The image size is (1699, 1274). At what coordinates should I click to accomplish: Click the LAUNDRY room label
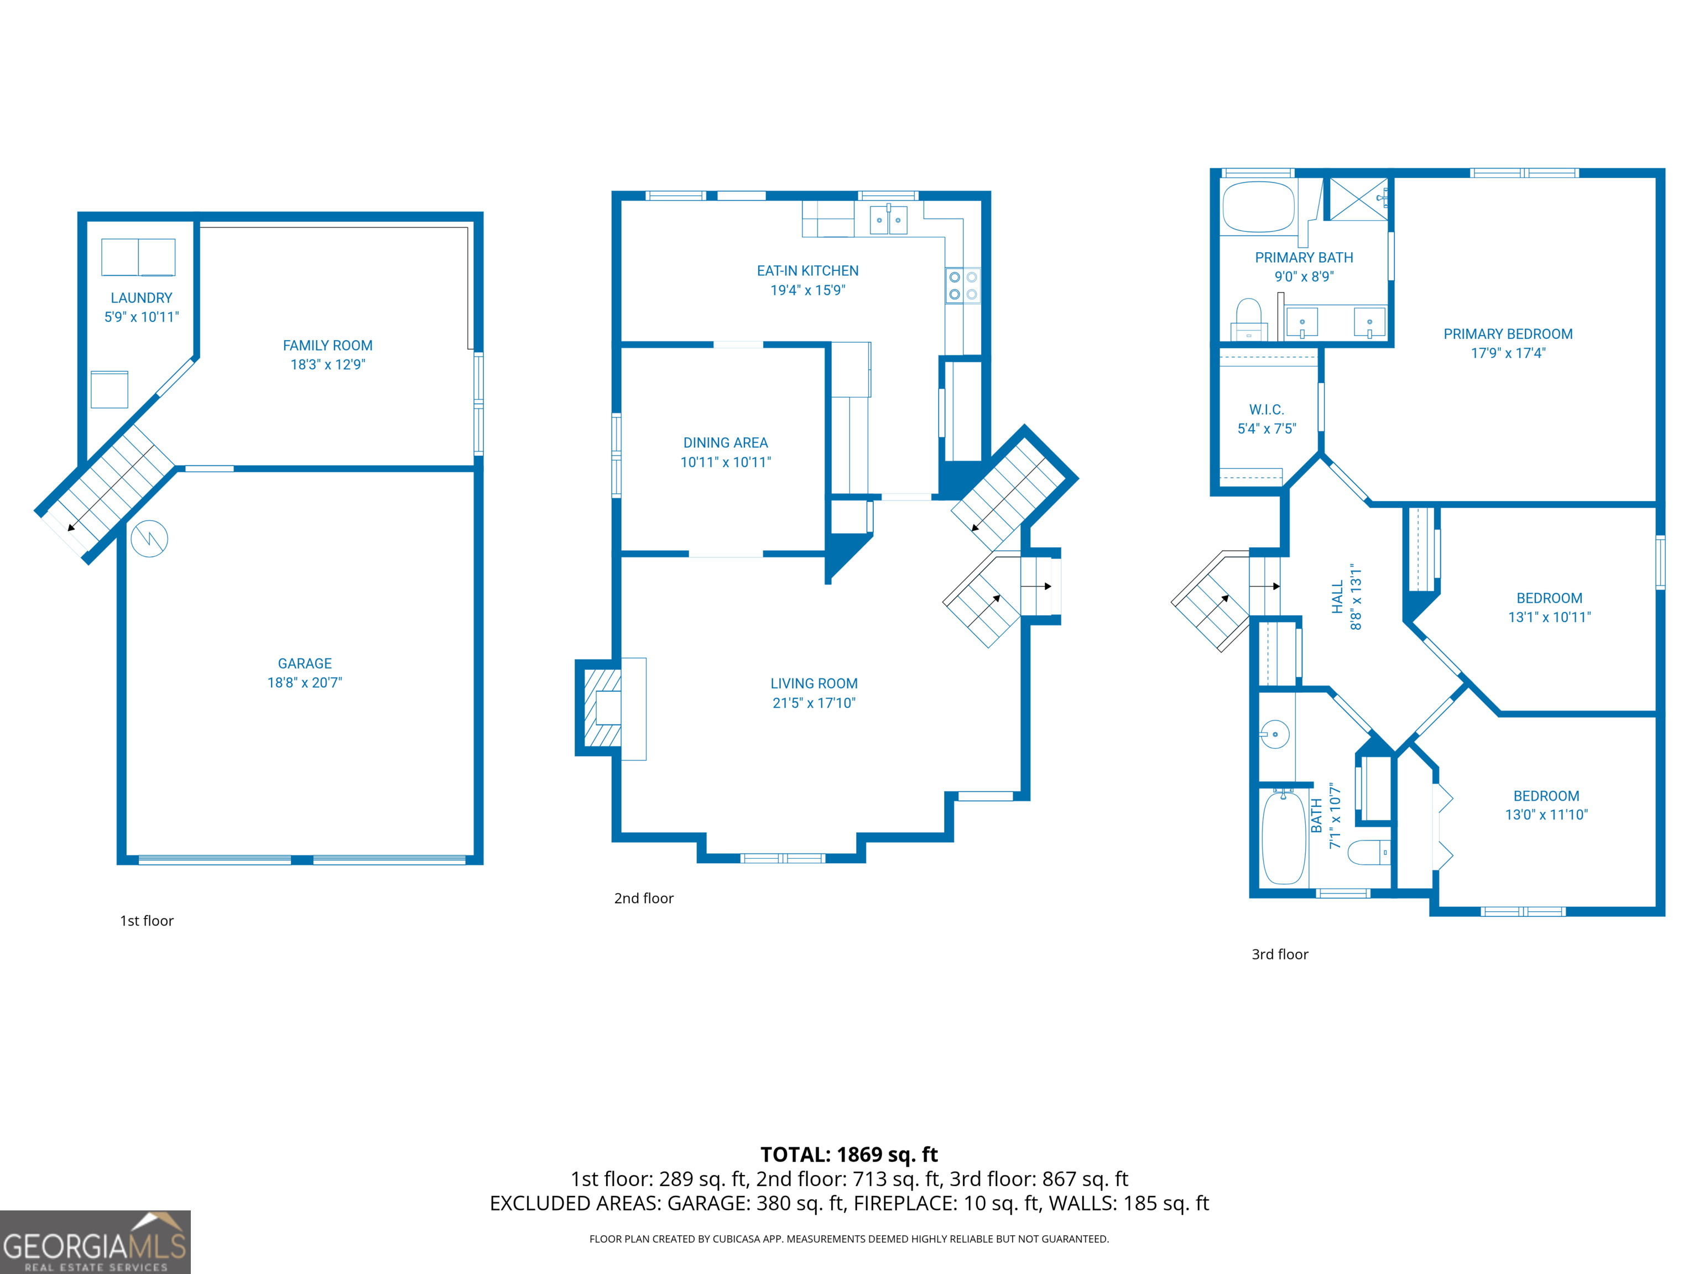142,298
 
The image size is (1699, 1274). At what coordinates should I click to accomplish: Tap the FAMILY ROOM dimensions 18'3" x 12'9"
327,365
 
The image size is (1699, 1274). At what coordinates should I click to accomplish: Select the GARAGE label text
304,664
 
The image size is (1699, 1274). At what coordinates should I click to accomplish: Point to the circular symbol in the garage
149,539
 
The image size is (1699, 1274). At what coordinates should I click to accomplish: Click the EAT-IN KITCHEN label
807,271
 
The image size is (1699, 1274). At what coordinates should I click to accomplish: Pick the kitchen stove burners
962,286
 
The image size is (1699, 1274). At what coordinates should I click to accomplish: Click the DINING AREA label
725,443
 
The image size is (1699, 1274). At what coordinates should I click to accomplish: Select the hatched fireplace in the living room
601,708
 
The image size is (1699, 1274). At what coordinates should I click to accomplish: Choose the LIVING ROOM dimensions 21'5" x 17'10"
814,703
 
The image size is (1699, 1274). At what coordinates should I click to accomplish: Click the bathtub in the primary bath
1258,207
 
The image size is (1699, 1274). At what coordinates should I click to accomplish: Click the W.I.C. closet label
1266,410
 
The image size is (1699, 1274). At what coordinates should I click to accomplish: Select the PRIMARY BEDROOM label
1507,334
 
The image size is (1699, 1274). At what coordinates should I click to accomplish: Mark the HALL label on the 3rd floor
1337,597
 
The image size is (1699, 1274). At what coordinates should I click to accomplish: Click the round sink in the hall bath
1275,735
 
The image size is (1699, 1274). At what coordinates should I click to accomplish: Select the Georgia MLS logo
95,1242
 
